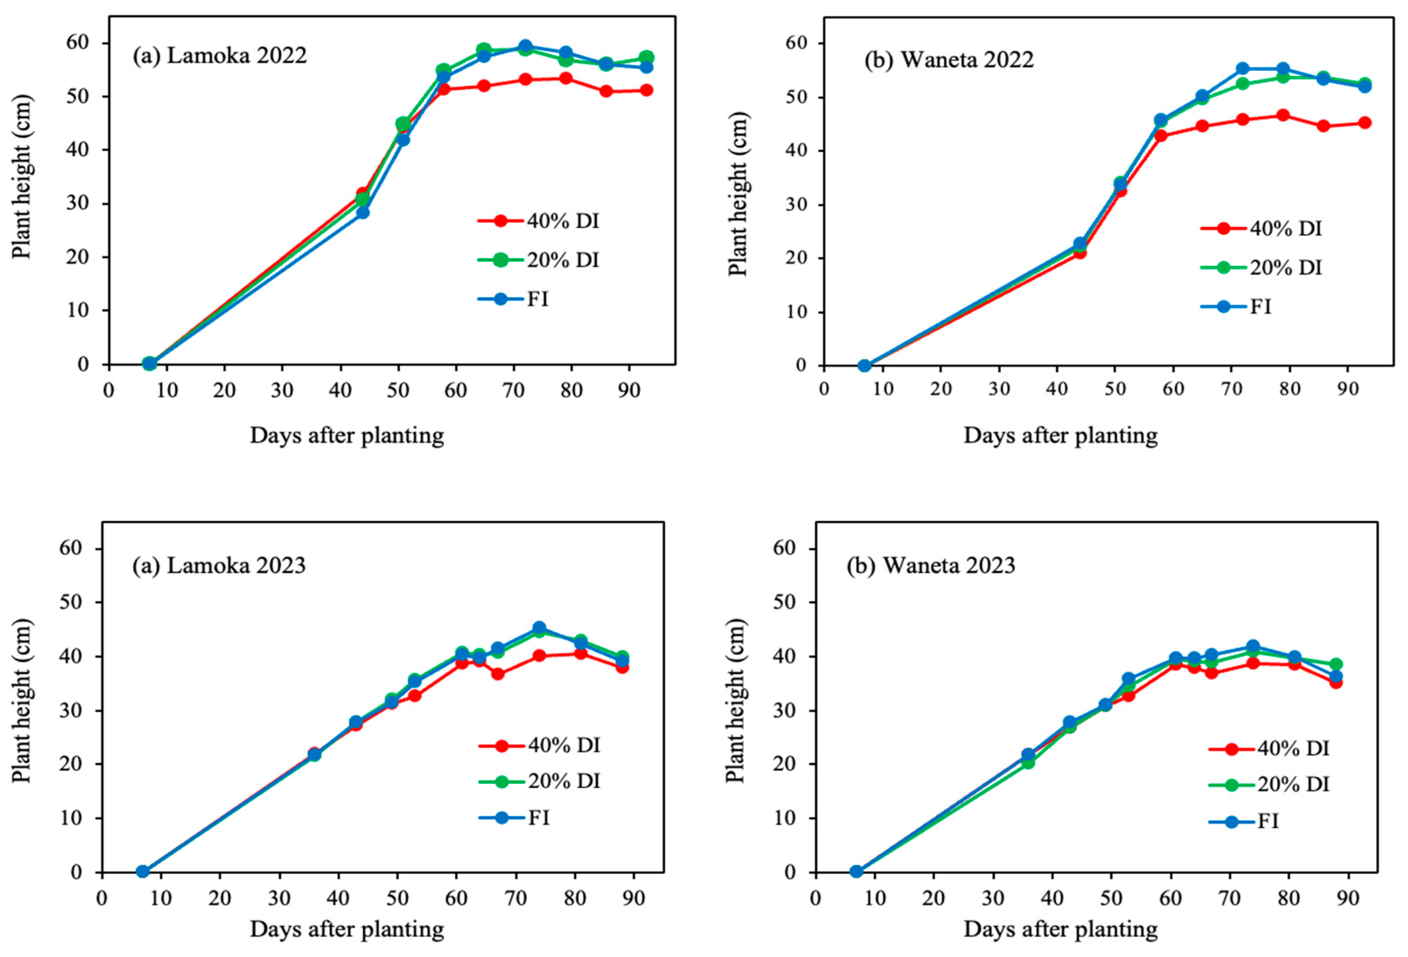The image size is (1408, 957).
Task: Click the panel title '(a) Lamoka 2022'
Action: [x=219, y=56]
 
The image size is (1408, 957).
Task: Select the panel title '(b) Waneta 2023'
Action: [x=931, y=565]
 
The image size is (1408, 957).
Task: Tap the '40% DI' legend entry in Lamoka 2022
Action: [x=539, y=221]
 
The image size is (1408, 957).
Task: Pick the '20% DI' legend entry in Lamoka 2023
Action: [x=539, y=781]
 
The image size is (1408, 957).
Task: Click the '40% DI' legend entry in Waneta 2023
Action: [x=1269, y=749]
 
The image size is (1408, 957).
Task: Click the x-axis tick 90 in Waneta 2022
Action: [x=1348, y=389]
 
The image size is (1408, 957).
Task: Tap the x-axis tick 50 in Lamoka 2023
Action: [x=397, y=897]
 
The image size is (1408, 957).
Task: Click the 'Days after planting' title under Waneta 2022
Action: [x=1060, y=435]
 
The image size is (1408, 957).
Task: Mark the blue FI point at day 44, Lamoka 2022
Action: [x=362, y=212]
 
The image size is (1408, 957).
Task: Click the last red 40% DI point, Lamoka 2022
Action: [x=646, y=90]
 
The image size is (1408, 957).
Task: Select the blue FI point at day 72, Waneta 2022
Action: [x=1243, y=69]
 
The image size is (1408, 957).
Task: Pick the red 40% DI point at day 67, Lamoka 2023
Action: [x=498, y=673]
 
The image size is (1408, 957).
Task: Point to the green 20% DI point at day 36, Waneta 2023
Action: [x=1028, y=762]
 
